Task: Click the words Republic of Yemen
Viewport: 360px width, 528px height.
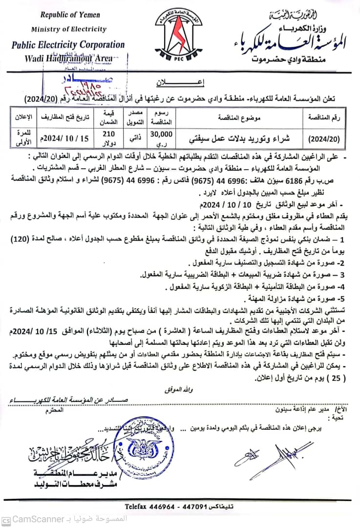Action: click(68, 16)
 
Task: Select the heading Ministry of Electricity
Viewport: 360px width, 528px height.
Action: click(68, 29)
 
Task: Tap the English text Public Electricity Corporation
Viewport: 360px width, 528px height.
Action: click(68, 44)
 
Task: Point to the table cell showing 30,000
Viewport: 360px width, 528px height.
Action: click(162, 133)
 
